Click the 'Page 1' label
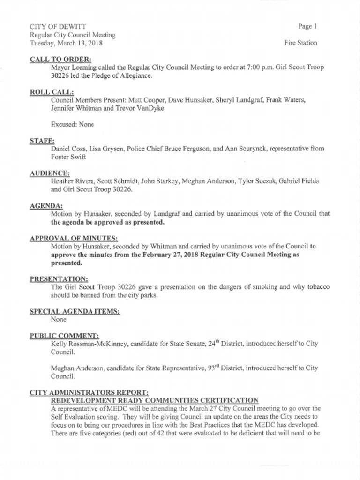pos(307,26)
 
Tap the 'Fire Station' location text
pos(300,43)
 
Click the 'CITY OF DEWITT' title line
pos(58,26)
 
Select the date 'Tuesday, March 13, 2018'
pos(66,43)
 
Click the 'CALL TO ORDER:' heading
pos(60,59)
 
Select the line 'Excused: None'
pos(72,124)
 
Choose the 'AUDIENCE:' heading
pos(50,173)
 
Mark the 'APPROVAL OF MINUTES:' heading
pos(74,238)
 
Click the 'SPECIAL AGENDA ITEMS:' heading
pos(75,311)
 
